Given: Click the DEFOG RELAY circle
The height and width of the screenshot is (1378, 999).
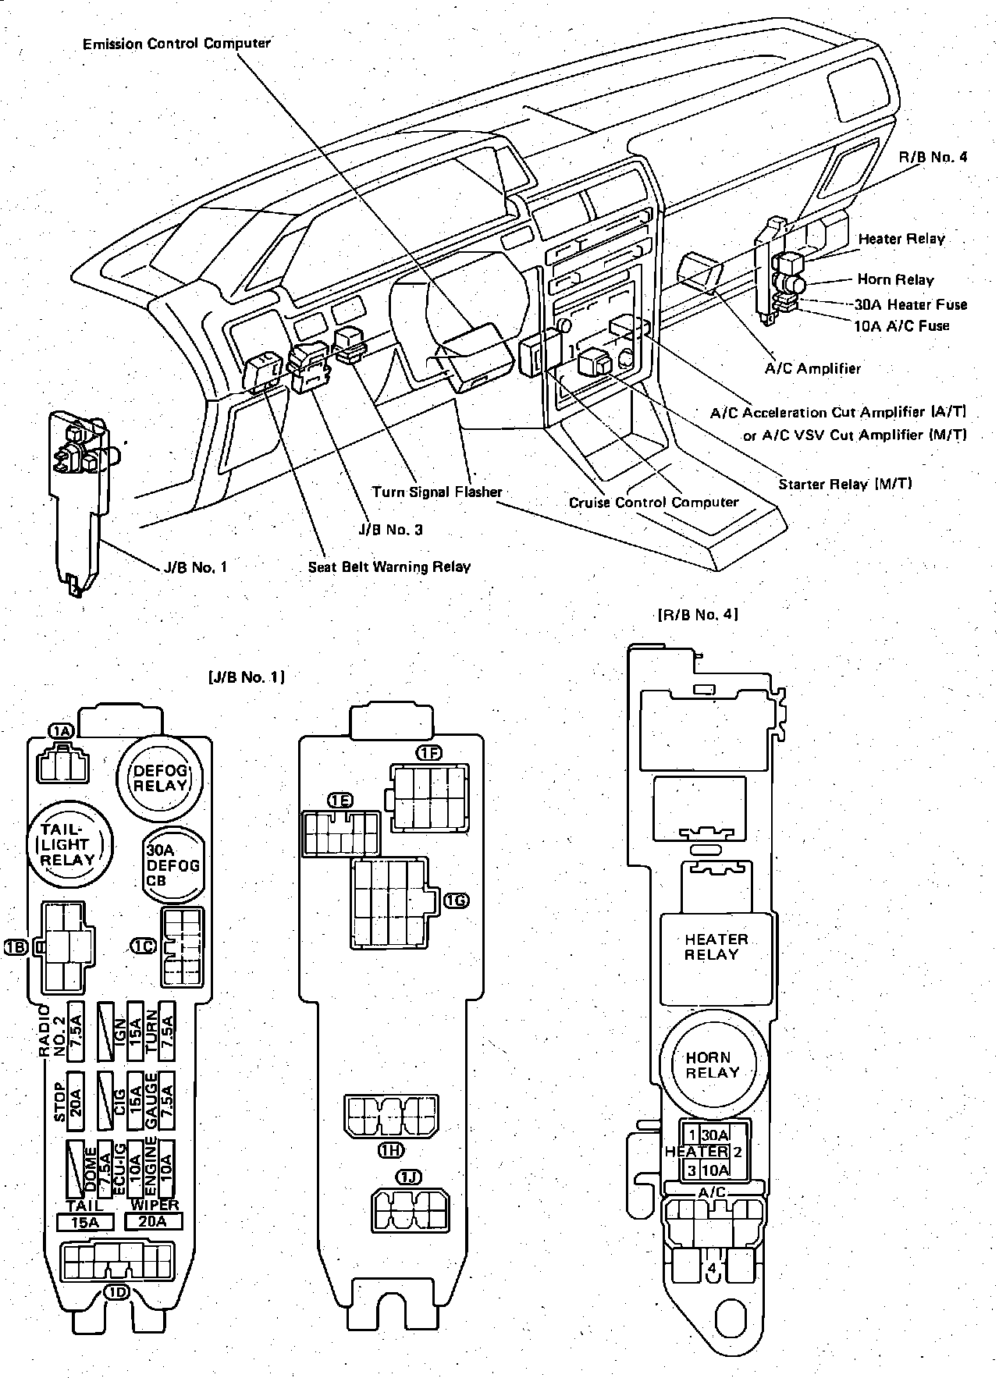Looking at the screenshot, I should click(x=160, y=778).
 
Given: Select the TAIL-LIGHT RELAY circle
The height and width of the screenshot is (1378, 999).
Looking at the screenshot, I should click(x=69, y=844).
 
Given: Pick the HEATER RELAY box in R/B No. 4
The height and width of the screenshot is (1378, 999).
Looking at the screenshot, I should click(x=716, y=946).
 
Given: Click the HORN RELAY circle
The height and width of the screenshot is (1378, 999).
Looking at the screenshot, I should click(x=709, y=1065).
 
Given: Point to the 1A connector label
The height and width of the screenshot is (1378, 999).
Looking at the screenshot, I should click(x=60, y=730).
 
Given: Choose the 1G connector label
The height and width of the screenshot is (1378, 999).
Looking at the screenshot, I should click(x=457, y=901).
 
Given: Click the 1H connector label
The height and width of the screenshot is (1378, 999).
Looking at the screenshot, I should click(x=391, y=1149).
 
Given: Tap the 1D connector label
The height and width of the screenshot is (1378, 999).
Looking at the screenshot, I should click(x=117, y=1293).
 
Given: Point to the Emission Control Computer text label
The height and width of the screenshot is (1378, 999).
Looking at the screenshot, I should click(x=176, y=44).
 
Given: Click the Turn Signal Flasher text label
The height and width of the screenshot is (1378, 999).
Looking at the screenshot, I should click(x=437, y=492).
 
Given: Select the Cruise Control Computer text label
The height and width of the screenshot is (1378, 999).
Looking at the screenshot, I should click(x=653, y=502).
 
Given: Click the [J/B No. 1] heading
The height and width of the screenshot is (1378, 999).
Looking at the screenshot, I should click(x=247, y=677).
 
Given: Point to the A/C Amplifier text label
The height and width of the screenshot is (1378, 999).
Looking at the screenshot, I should click(x=812, y=368).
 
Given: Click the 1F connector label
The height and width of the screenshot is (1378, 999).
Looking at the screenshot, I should click(x=429, y=753).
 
